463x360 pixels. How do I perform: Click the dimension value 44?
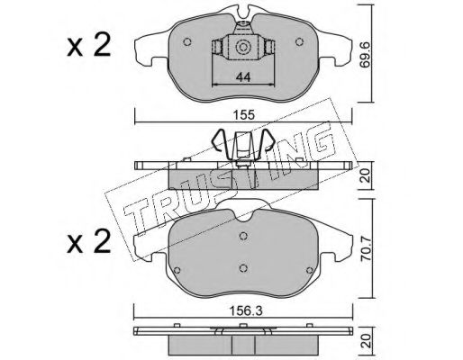(243, 77)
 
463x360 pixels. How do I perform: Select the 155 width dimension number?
(245, 115)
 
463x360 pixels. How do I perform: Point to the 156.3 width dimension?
(246, 311)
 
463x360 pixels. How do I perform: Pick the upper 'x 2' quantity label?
(89, 46)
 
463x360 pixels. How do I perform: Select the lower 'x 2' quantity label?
(89, 242)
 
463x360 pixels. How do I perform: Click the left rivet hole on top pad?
(187, 41)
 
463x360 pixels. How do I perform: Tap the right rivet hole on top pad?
(299, 41)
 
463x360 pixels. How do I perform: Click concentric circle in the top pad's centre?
(242, 47)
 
